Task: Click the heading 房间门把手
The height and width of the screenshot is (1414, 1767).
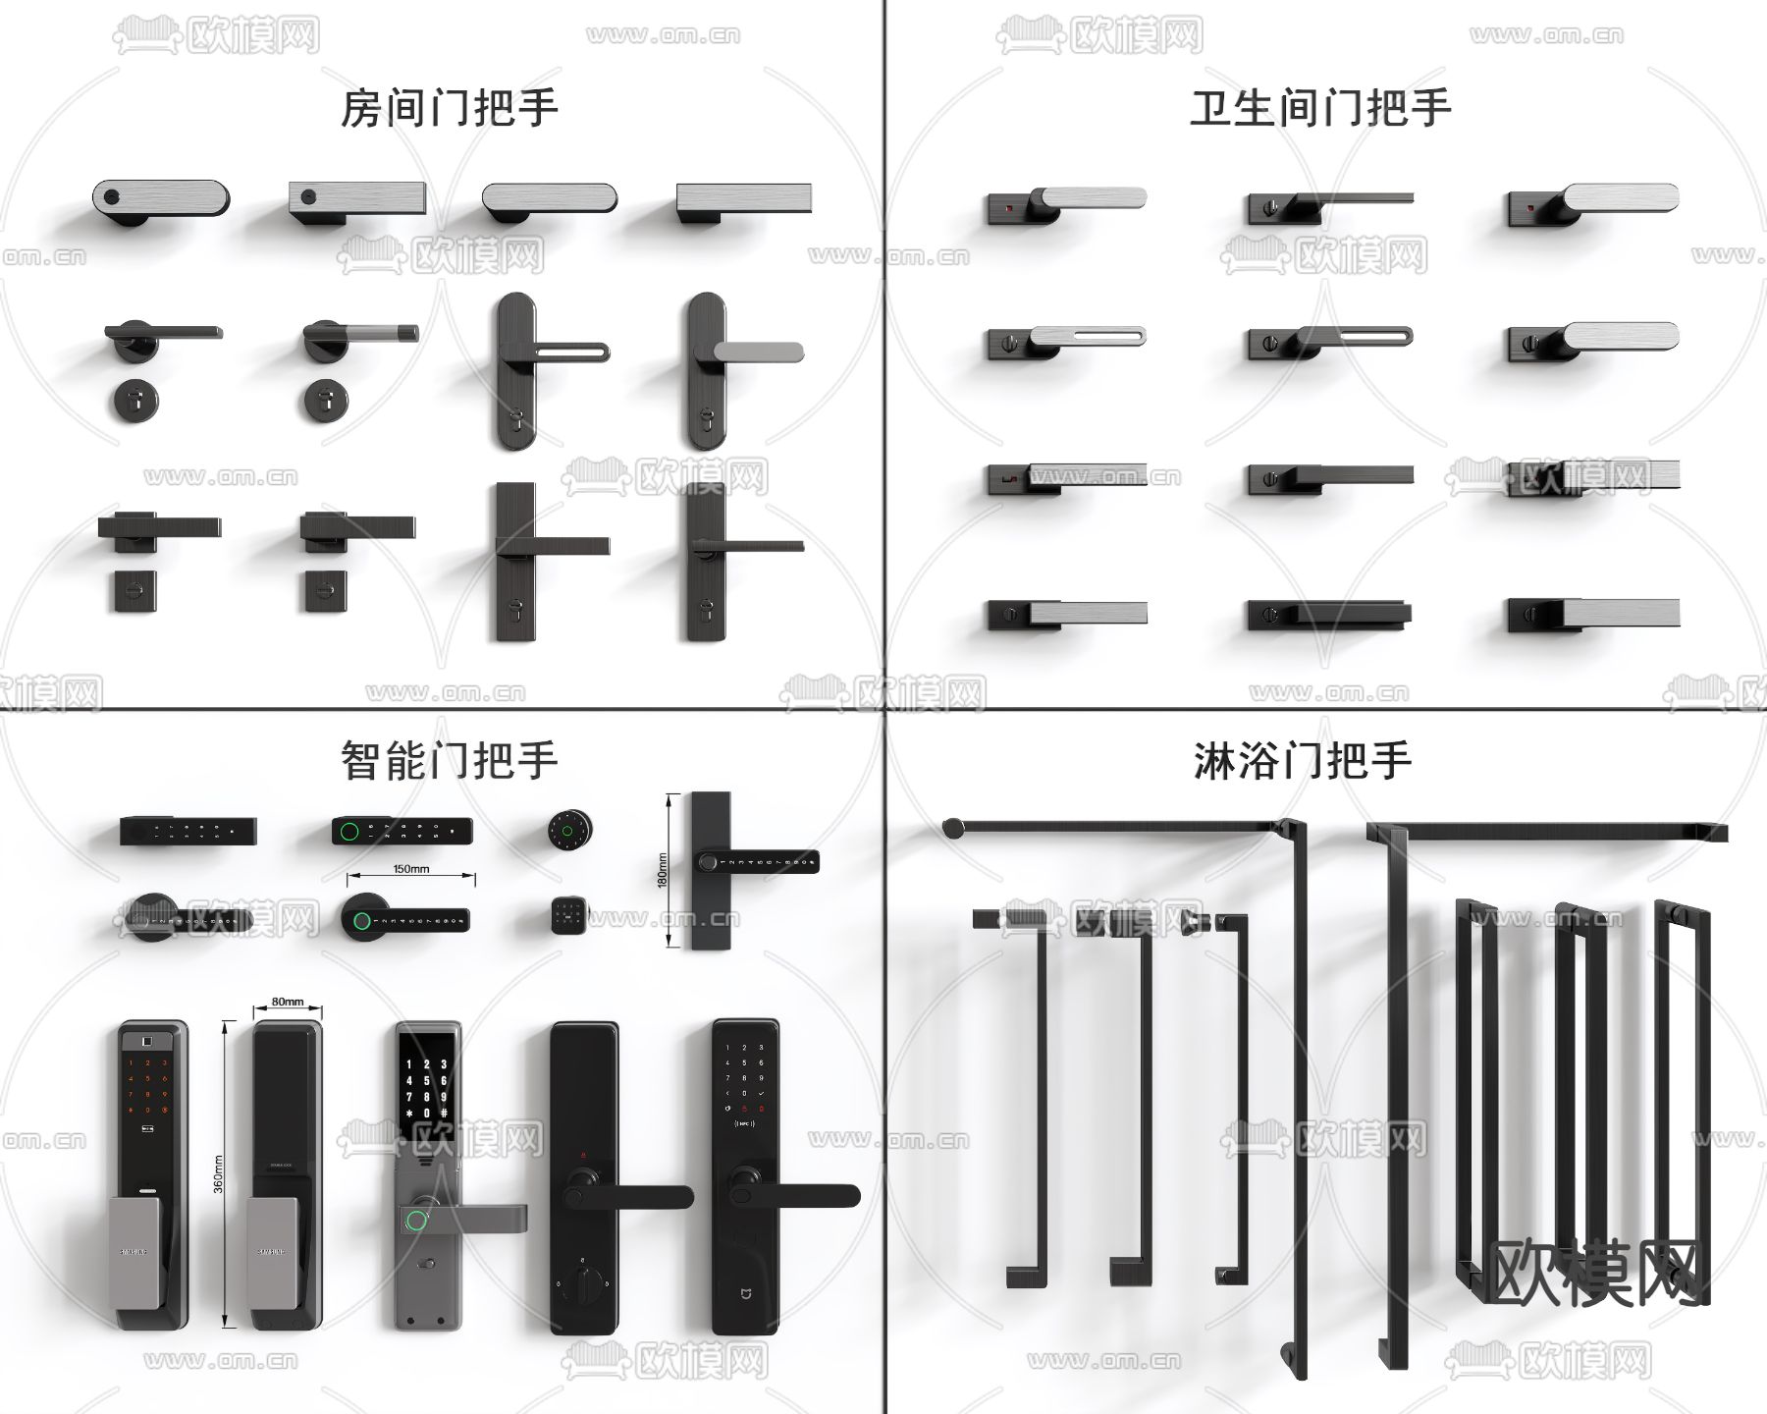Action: coord(449,108)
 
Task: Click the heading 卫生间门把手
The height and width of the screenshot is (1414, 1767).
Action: coord(1319,108)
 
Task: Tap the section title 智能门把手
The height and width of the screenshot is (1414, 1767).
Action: coord(449,760)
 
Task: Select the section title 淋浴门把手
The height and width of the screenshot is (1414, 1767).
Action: coord(1302,760)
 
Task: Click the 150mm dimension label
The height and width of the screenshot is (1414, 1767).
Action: coord(410,869)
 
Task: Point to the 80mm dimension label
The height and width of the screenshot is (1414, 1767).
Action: coord(287,1003)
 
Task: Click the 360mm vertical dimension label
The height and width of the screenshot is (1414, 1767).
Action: coord(218,1173)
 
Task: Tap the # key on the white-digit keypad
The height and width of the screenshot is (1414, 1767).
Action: coord(445,1114)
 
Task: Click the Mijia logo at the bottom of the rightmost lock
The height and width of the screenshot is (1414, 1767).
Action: coord(744,1287)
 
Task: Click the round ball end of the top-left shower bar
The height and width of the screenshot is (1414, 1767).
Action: coord(952,829)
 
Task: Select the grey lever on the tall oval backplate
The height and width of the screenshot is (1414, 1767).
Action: coord(758,352)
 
